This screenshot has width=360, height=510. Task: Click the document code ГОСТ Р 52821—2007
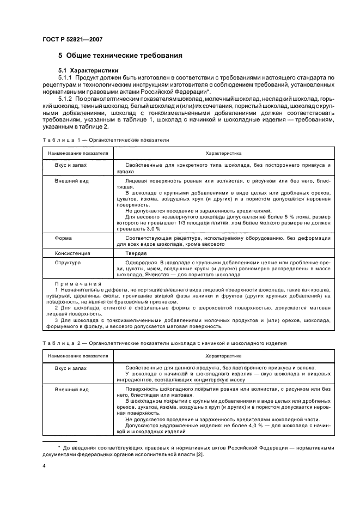coord(72,39)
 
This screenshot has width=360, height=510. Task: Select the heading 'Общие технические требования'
coord(124,56)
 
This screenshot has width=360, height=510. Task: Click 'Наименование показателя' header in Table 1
coord(77,153)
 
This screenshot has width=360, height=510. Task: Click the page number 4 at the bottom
coord(45,466)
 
